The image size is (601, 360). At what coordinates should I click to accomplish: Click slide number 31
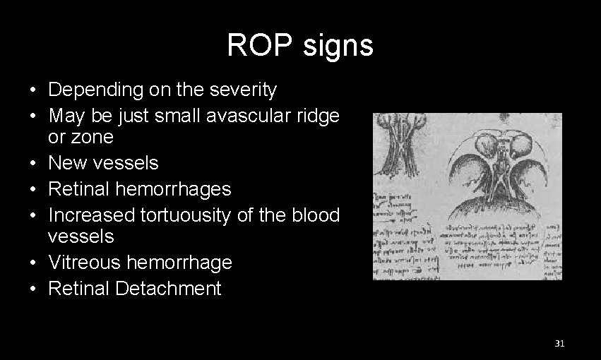(559, 344)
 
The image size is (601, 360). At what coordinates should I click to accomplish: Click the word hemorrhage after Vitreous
(182, 263)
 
